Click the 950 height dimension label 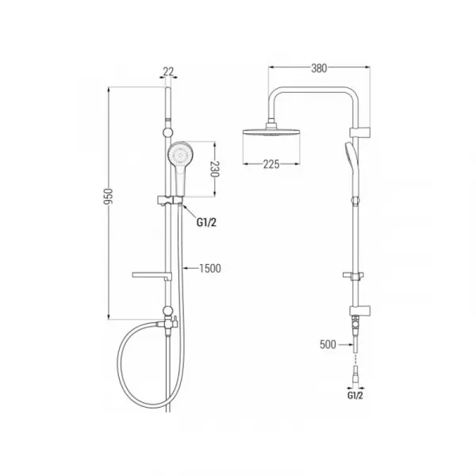pyautogui.click(x=109, y=197)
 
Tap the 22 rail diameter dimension pyautogui.click(x=168, y=71)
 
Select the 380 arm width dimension pyautogui.click(x=319, y=68)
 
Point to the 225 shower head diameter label pyautogui.click(x=271, y=164)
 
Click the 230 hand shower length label pyautogui.click(x=214, y=169)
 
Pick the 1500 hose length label pyautogui.click(x=210, y=268)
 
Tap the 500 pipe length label pyautogui.click(x=328, y=344)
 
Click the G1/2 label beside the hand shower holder pyautogui.click(x=206, y=222)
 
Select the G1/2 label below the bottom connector pyautogui.click(x=355, y=395)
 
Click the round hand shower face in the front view pyautogui.click(x=180, y=155)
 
